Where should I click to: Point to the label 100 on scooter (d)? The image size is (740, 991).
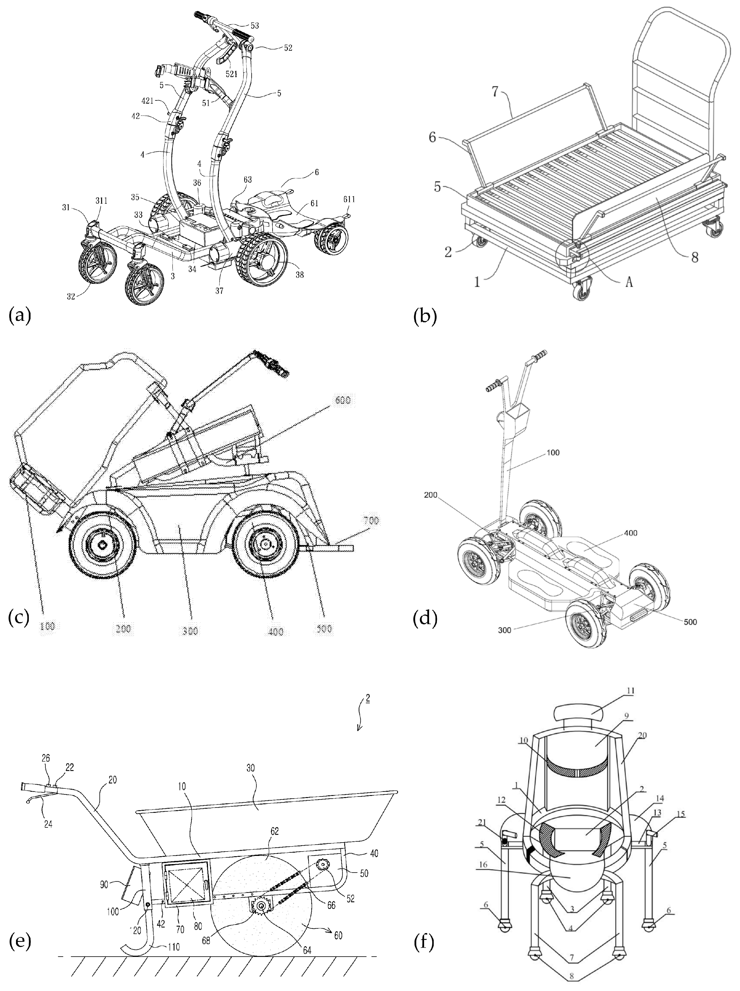click(x=553, y=453)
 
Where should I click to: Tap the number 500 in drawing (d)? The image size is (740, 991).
click(x=690, y=622)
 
